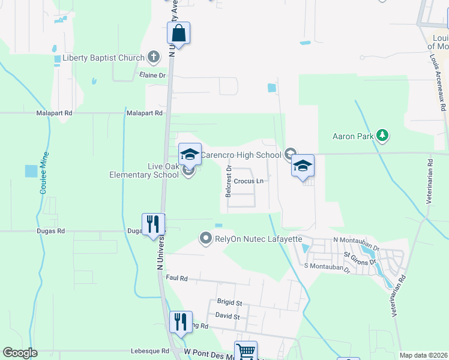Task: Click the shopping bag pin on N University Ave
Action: click(x=178, y=33)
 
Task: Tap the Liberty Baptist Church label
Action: click(x=103, y=58)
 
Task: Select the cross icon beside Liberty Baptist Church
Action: click(x=153, y=58)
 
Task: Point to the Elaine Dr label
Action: click(x=152, y=76)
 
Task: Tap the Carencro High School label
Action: click(x=241, y=155)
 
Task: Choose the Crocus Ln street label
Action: click(x=249, y=181)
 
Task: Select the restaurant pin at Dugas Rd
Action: click(x=153, y=224)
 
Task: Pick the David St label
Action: click(x=228, y=316)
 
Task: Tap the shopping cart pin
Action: click(x=245, y=351)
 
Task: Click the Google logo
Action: click(x=20, y=353)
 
